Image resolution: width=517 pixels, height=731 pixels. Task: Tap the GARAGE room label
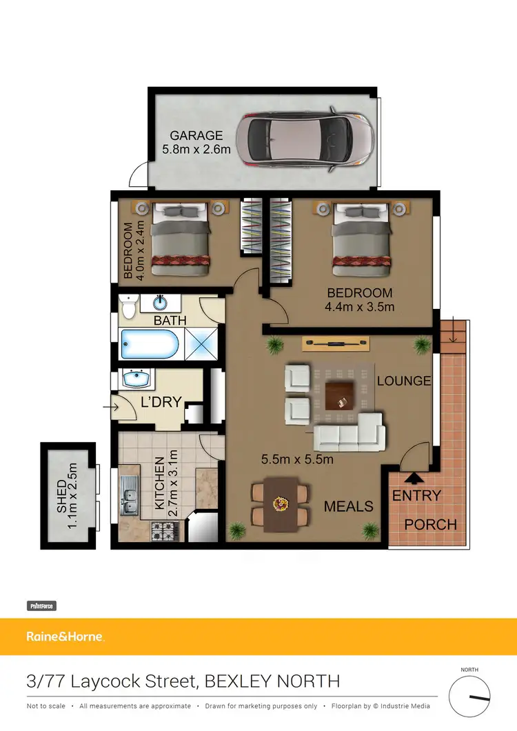point(197,135)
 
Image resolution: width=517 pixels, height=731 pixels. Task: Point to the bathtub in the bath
point(150,343)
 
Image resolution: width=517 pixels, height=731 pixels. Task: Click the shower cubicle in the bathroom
point(203,343)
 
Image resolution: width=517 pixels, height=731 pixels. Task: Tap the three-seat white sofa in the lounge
point(349,432)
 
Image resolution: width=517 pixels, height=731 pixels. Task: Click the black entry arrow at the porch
point(413,477)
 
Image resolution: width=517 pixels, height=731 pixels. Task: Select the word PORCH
point(430,525)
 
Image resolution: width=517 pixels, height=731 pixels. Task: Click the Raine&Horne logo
point(65,637)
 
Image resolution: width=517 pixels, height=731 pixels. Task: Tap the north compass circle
point(469,697)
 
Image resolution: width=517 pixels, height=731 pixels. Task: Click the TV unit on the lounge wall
point(336,342)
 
